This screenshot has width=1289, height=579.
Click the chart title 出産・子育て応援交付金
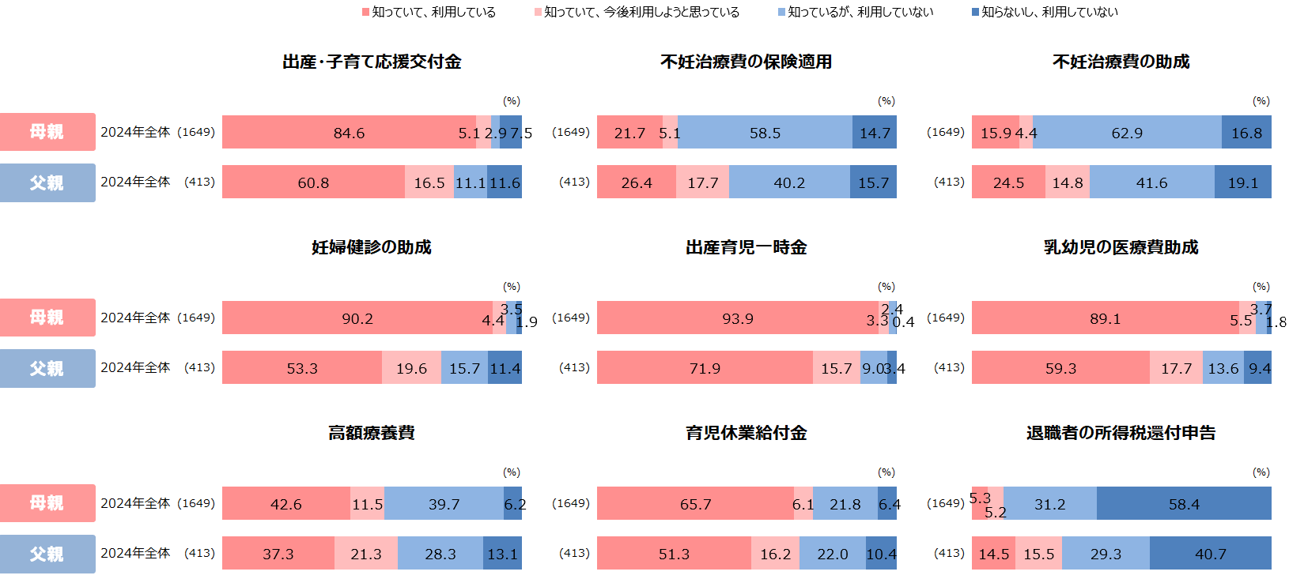click(372, 62)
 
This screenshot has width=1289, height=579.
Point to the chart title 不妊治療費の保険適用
click(746, 62)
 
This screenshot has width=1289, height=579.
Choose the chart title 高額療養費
click(372, 433)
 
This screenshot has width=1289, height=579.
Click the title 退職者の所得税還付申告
click(1121, 433)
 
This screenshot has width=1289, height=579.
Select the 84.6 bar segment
click(349, 133)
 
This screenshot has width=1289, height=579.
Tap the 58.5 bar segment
click(765, 133)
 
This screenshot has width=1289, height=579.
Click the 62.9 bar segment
click(1127, 133)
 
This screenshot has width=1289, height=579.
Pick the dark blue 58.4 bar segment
click(1184, 504)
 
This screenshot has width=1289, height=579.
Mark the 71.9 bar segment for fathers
click(705, 368)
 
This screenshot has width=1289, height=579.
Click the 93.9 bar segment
click(737, 318)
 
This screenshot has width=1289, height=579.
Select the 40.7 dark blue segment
click(1210, 554)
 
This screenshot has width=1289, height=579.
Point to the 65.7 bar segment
click(695, 504)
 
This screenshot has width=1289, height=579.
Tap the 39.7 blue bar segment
click(444, 504)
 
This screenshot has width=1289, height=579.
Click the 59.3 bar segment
click(1060, 368)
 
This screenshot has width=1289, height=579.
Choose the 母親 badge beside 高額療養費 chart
click(47, 503)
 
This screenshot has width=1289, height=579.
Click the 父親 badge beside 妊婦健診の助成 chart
click(47, 368)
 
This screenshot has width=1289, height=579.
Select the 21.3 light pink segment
click(366, 554)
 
